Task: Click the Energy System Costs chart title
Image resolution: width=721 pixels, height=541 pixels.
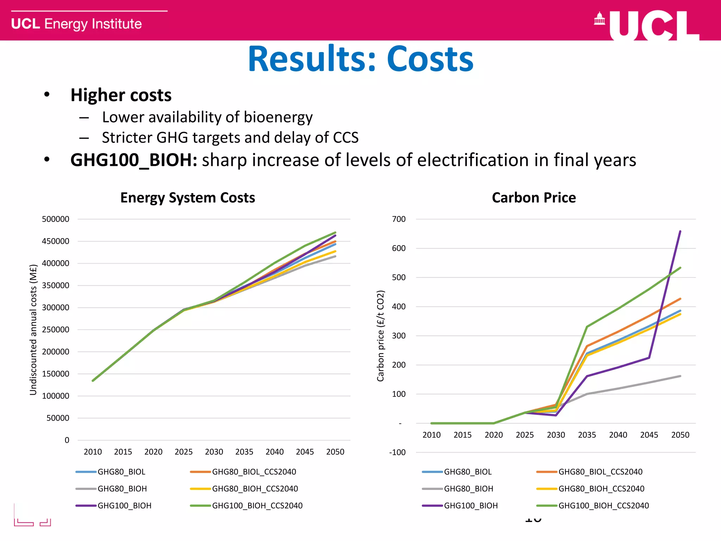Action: click(188, 198)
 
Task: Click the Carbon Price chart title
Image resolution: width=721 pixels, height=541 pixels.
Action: click(534, 198)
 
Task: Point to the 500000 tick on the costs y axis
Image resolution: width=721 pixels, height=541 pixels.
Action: click(56, 219)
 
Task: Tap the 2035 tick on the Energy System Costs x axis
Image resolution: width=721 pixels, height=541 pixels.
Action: click(244, 452)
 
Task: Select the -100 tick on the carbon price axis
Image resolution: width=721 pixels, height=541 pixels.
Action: click(397, 453)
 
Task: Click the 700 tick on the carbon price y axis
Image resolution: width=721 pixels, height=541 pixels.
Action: click(399, 219)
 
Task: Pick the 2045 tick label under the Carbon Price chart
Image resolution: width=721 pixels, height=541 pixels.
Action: click(649, 435)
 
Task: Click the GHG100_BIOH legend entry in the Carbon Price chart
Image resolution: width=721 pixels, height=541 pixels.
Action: click(471, 506)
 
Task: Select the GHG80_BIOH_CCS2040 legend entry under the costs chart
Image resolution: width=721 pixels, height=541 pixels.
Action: click(255, 489)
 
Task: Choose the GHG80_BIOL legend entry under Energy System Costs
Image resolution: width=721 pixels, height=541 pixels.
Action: click(121, 472)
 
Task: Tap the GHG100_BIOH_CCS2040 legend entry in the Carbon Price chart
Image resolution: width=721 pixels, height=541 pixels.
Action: click(603, 506)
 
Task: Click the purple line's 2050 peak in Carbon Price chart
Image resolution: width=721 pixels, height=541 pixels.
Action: click(680, 231)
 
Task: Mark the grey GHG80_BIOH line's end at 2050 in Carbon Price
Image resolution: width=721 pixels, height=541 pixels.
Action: click(680, 376)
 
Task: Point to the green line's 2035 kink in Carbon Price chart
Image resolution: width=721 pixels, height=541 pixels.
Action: click(587, 327)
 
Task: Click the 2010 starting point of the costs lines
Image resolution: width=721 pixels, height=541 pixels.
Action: click(93, 381)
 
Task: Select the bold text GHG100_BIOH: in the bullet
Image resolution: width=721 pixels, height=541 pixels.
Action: click(134, 160)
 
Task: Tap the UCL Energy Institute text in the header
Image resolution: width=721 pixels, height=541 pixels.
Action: click(76, 24)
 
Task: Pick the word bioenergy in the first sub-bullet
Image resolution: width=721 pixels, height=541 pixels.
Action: click(278, 117)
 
